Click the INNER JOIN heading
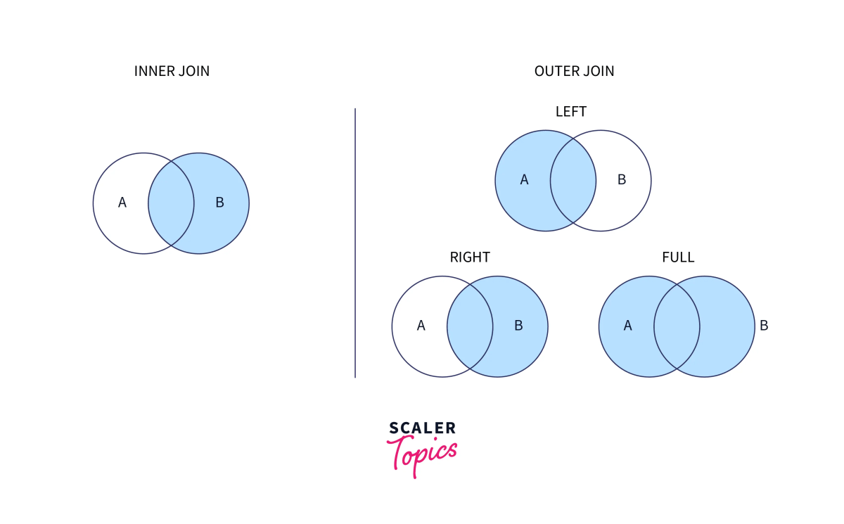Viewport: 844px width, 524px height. (x=172, y=71)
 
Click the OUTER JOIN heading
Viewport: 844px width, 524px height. (x=574, y=71)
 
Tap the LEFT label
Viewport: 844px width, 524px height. (x=570, y=111)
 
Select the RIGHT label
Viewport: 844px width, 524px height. (x=470, y=257)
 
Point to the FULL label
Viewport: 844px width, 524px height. (x=678, y=257)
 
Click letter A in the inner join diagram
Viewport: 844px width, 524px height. (x=122, y=203)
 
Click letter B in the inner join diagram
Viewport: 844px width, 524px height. (x=219, y=203)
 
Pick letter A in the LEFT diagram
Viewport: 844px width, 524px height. (x=524, y=180)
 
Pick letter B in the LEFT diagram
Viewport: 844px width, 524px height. (x=622, y=180)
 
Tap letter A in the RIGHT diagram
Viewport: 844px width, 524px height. (x=421, y=326)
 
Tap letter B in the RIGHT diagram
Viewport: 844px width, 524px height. (x=518, y=326)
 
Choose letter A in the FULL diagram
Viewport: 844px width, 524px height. (x=628, y=326)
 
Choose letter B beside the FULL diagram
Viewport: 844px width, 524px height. (x=764, y=326)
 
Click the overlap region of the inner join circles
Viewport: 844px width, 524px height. (x=171, y=203)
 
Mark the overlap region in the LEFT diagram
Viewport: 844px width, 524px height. (x=573, y=181)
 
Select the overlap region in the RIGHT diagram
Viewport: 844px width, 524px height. (x=470, y=326)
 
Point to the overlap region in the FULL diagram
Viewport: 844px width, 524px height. (x=677, y=326)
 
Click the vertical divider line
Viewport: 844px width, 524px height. (x=355, y=243)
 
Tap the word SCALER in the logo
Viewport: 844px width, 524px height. (x=422, y=428)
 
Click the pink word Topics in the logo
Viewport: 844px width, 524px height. (x=422, y=452)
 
